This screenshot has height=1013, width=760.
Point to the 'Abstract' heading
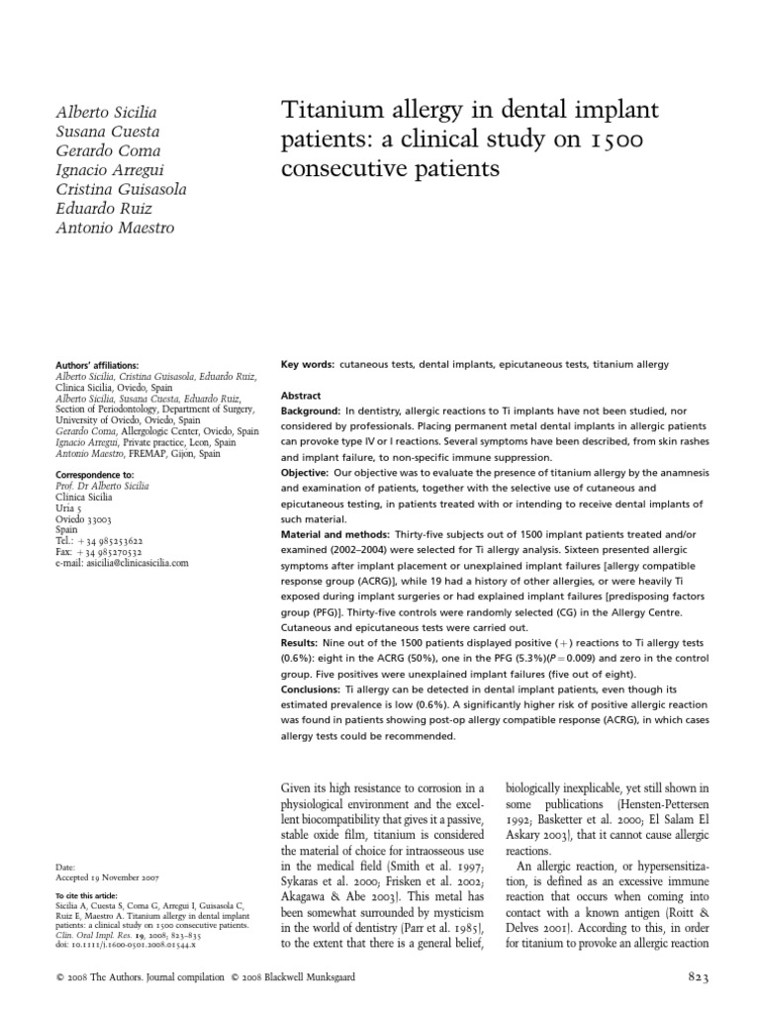302,395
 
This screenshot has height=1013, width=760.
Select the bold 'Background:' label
312,410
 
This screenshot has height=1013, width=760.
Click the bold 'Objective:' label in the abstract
308,473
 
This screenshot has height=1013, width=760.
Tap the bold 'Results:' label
302,643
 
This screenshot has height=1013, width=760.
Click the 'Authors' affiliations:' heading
98,365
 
